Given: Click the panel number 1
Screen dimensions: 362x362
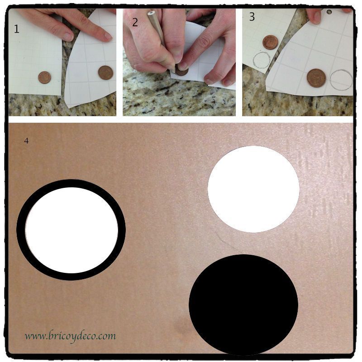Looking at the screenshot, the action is pyautogui.click(x=17, y=29).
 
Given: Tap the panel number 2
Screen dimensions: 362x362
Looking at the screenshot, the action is pyautogui.click(x=135, y=22).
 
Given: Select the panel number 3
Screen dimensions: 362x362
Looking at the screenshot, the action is pyautogui.click(x=252, y=17).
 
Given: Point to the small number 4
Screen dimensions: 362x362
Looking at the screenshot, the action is pyautogui.click(x=26, y=141).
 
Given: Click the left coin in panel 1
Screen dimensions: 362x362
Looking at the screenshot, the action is pyautogui.click(x=44, y=77).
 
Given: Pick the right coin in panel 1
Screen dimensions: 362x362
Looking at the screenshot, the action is pyautogui.click(x=105, y=72).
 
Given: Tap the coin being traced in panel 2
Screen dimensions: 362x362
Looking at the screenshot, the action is pyautogui.click(x=181, y=71).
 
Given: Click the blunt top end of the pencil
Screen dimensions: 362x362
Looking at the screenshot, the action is pyautogui.click(x=151, y=13).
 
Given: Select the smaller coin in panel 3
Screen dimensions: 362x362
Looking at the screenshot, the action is pyautogui.click(x=270, y=42).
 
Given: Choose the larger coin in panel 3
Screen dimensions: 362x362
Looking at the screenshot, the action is pyautogui.click(x=316, y=78).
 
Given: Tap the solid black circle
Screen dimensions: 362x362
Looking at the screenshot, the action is pyautogui.click(x=243, y=304).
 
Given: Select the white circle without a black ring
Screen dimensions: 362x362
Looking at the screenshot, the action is pyautogui.click(x=253, y=189).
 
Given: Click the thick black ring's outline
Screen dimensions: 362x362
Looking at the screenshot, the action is pyautogui.click(x=21, y=230).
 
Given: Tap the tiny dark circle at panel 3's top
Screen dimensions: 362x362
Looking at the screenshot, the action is pyautogui.click(x=329, y=12).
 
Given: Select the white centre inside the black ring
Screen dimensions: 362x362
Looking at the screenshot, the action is pyautogui.click(x=71, y=230).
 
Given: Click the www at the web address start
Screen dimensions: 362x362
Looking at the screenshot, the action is pyautogui.click(x=35, y=336).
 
